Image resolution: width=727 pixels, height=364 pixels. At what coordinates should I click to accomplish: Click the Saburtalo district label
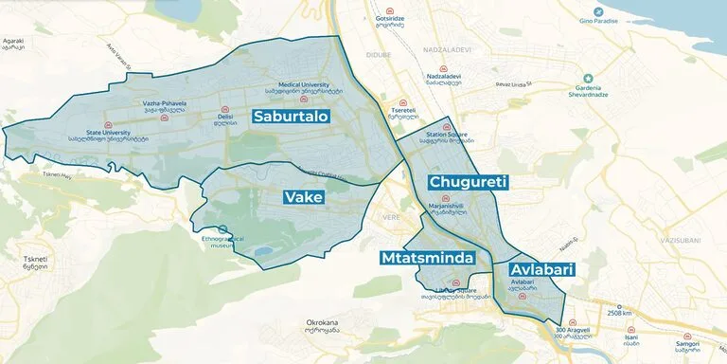pos(291,117)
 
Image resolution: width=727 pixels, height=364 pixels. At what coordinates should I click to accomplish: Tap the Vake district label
pos(304,197)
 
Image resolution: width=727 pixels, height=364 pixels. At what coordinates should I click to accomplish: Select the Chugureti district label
pos(469,181)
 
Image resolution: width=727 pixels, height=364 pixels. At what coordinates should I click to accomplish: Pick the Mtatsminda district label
pos(433,258)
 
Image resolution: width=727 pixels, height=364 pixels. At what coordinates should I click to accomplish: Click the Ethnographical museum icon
pos(222,229)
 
